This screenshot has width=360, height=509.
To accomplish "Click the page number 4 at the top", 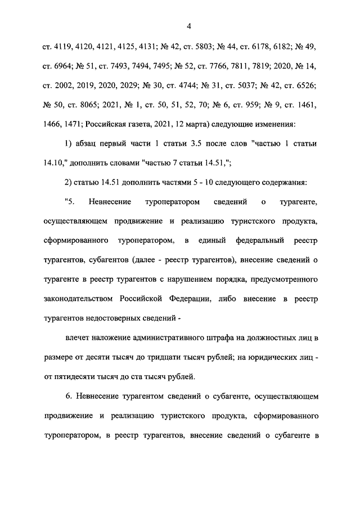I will click(189, 25).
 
